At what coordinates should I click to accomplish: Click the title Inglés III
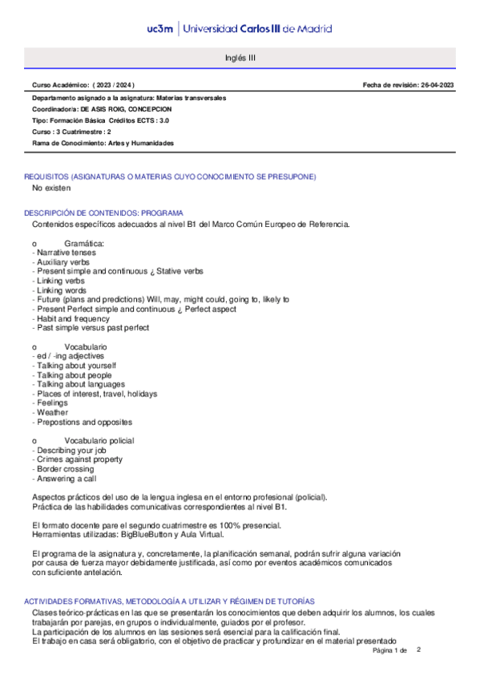[240, 59]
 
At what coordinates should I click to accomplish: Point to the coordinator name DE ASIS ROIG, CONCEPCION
[127, 108]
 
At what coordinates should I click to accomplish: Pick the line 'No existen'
[51, 188]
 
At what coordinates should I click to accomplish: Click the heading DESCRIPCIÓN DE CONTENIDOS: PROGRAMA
[104, 213]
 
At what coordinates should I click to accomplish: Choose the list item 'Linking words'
[61, 290]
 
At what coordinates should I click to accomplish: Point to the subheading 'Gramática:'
[84, 242]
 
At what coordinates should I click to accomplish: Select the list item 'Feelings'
[50, 403]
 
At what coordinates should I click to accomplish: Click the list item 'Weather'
[50, 412]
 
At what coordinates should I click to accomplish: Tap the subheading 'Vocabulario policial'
[99, 441]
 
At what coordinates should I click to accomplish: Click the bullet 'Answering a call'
[66, 479]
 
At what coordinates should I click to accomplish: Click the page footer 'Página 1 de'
[390, 650]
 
